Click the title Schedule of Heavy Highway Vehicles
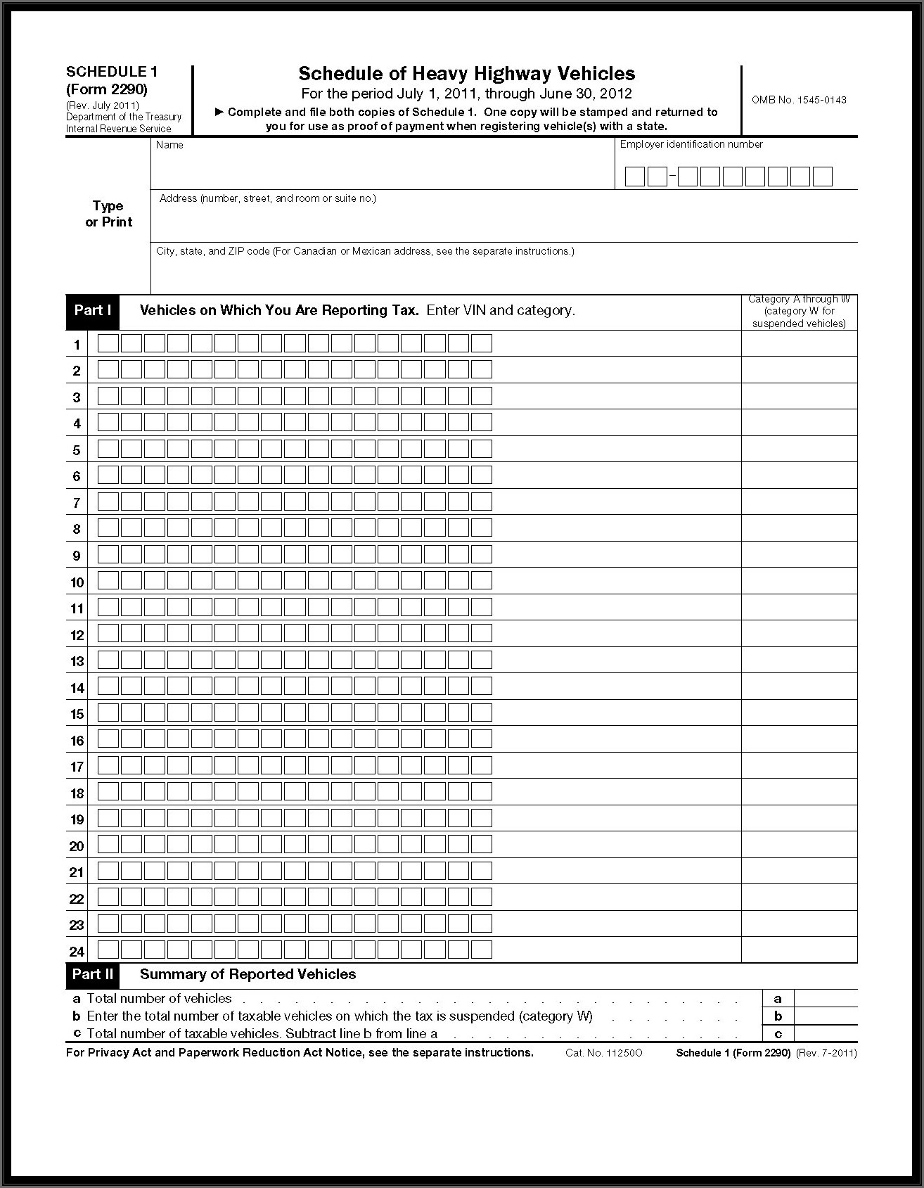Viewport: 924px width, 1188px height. (466, 74)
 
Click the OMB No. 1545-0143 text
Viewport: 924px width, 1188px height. (799, 100)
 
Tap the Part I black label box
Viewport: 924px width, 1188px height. (93, 311)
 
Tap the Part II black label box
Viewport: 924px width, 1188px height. (93, 975)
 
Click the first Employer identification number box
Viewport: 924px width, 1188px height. (634, 177)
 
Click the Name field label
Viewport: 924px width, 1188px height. (169, 145)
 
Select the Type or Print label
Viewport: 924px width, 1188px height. (108, 214)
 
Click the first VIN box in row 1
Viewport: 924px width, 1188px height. (108, 344)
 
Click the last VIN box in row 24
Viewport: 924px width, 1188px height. (481, 950)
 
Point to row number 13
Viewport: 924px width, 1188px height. (77, 661)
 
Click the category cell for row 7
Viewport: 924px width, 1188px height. (799, 502)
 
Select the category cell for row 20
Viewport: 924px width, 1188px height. (799, 845)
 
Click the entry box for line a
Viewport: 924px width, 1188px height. (826, 999)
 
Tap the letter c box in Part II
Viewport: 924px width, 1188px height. (778, 1034)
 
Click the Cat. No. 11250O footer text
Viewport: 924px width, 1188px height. (603, 1053)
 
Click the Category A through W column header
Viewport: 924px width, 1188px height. (799, 312)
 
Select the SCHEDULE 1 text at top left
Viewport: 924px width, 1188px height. (112, 72)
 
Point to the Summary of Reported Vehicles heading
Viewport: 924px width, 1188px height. (248, 975)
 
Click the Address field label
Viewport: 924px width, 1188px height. (267, 198)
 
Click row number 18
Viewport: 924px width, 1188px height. (77, 793)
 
